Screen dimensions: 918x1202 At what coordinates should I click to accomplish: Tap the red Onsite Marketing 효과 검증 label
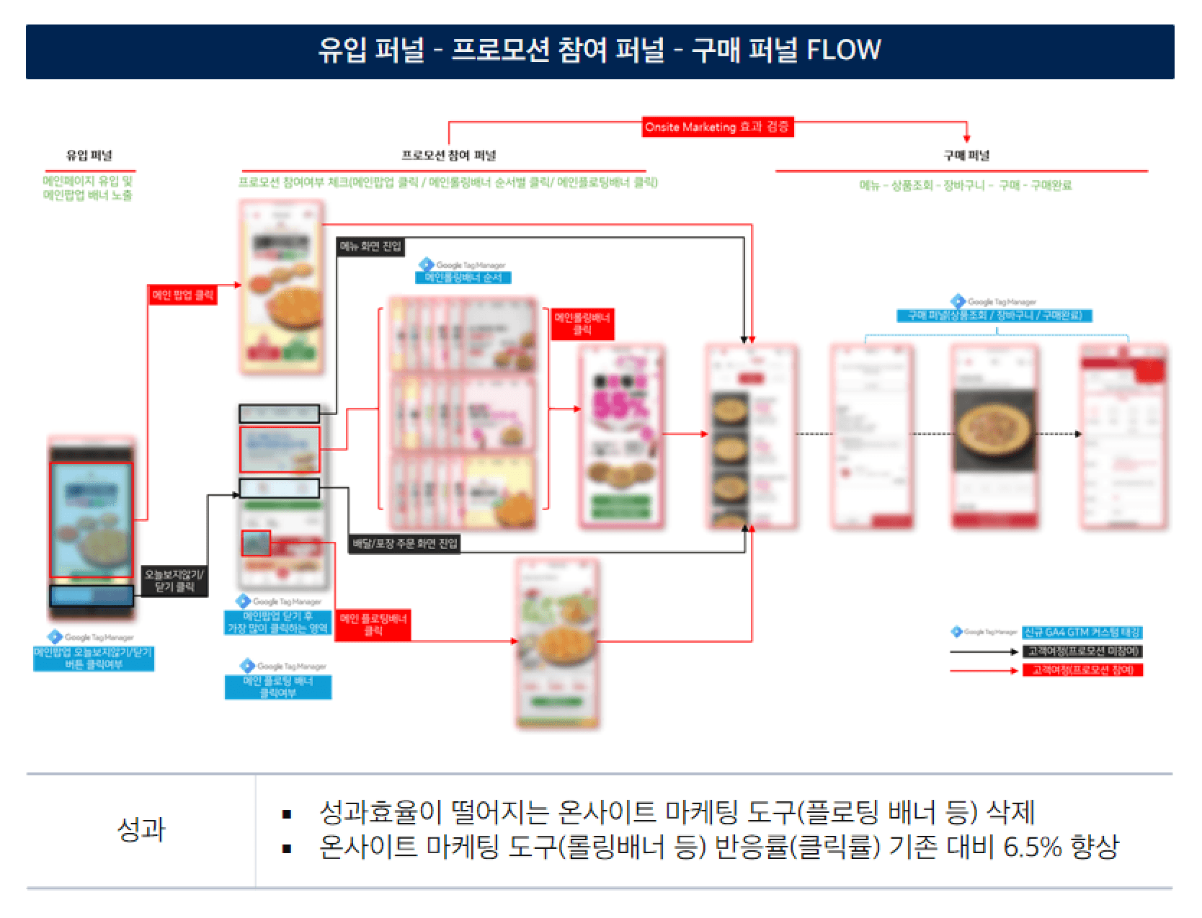pos(717,128)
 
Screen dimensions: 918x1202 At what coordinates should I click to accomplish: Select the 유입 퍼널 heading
pos(89,155)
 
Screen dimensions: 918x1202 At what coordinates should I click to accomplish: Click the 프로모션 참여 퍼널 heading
pos(448,155)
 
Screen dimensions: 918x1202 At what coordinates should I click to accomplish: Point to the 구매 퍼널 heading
pos(966,155)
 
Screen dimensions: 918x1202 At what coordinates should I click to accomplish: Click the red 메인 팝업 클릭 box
pos(182,294)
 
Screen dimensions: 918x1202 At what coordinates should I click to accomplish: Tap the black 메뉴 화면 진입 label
pos(370,247)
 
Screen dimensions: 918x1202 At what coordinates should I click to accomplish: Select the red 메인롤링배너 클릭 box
pos(582,324)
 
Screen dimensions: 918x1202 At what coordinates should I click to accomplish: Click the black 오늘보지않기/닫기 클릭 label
pos(174,581)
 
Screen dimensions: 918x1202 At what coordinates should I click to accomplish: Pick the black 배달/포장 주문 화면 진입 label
pos(404,543)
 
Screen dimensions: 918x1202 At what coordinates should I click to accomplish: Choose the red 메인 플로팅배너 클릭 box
pos(373,624)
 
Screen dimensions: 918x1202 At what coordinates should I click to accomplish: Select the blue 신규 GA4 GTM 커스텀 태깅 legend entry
pos(1082,633)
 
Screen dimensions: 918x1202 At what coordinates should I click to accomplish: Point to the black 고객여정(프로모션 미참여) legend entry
pos(1082,651)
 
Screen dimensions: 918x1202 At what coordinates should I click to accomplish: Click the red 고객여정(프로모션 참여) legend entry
pos(1082,670)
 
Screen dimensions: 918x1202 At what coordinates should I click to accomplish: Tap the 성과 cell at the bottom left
pos(141,830)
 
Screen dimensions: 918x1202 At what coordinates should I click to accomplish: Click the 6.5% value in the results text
pos(1033,847)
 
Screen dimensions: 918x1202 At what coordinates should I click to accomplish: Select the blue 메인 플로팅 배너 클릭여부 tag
pos(278,687)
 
